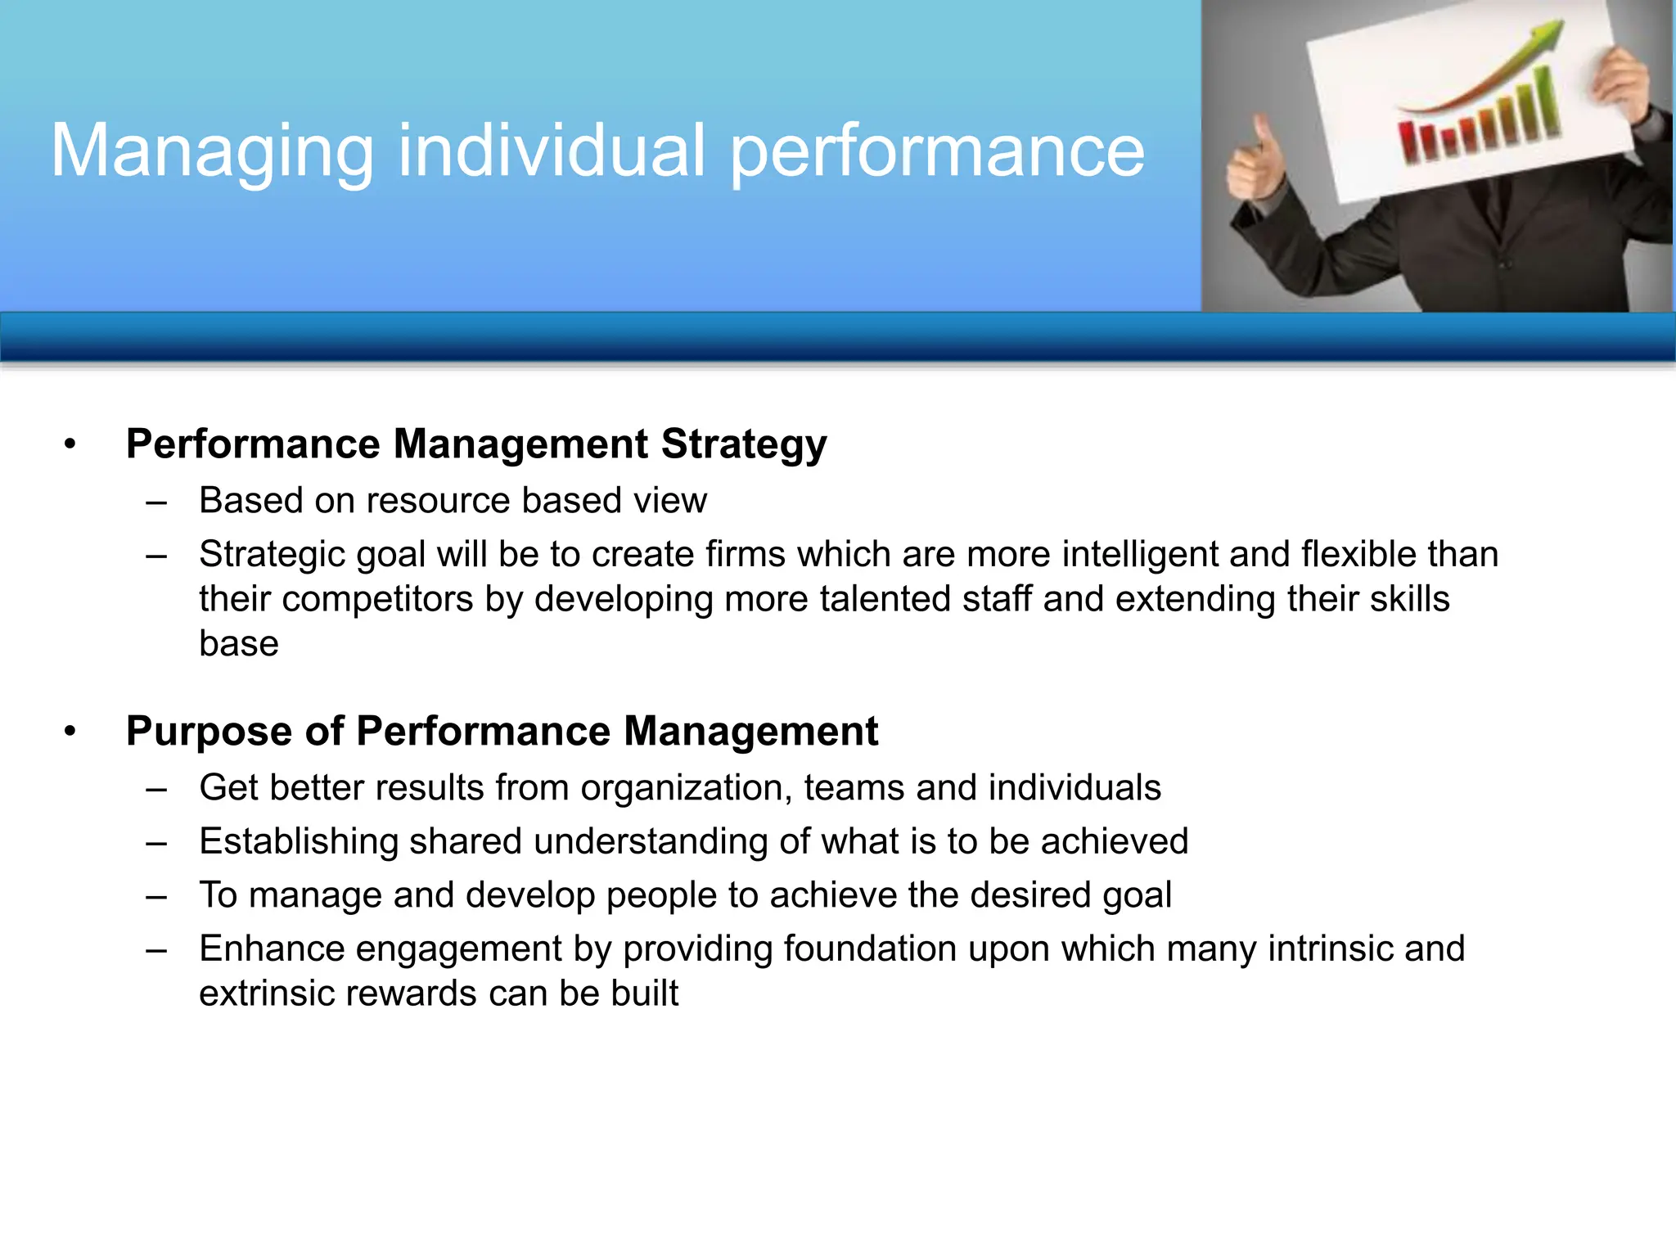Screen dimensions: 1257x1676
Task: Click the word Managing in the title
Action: click(211, 151)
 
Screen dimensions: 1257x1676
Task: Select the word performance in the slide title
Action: click(937, 151)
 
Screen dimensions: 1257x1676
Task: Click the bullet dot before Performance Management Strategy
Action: click(70, 444)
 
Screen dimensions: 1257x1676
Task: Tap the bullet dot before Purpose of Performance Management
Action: click(70, 732)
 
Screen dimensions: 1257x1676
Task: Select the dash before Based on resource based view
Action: click(156, 501)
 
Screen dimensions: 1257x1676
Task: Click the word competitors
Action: click(377, 599)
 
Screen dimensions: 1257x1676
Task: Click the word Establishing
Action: click(298, 842)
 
